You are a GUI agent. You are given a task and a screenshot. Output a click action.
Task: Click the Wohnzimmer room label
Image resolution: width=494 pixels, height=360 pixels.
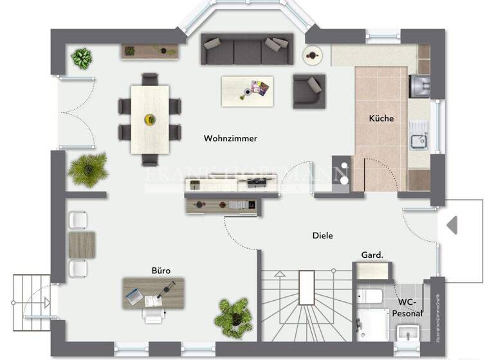(x=230, y=138)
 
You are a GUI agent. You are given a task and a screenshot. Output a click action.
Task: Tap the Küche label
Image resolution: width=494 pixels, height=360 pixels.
(x=381, y=118)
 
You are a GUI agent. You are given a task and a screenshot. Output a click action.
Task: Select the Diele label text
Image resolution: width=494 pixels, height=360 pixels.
(x=323, y=236)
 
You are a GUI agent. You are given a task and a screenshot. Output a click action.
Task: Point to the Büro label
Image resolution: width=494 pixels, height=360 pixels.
(x=161, y=271)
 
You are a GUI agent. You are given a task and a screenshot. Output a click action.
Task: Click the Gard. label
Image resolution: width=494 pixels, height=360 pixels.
(x=372, y=255)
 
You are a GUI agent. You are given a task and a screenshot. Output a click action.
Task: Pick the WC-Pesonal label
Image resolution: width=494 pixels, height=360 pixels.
(x=409, y=307)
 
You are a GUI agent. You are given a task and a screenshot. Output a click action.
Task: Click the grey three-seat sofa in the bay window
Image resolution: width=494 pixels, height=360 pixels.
(x=246, y=50)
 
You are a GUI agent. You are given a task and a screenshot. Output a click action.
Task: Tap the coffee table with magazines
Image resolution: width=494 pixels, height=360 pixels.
(x=247, y=91)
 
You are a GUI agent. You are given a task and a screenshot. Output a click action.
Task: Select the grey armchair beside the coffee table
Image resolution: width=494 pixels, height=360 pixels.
(x=309, y=91)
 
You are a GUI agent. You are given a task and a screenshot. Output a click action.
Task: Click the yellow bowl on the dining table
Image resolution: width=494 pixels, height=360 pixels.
(x=150, y=119)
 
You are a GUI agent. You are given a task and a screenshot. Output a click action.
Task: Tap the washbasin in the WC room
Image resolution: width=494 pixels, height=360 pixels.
(x=407, y=332)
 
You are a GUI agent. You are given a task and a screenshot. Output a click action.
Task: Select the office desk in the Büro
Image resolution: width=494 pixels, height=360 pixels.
(x=153, y=292)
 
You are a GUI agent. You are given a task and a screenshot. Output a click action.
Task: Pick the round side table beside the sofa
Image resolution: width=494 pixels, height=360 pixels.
(x=313, y=56)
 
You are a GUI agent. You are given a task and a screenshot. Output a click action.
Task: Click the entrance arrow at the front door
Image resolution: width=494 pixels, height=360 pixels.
(x=452, y=225)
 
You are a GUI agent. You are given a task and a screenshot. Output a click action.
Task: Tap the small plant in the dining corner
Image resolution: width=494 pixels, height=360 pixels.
(x=82, y=58)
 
